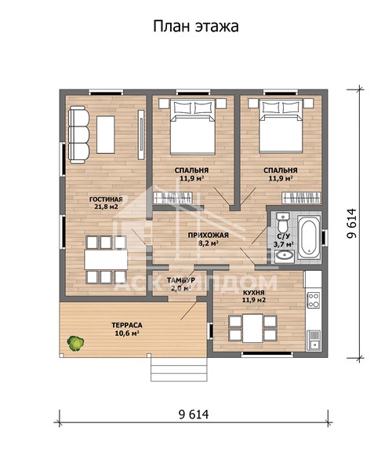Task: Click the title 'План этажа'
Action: [x=196, y=27]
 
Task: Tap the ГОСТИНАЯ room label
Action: [x=106, y=199]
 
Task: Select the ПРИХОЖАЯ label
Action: [x=209, y=235]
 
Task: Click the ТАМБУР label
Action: [x=181, y=280]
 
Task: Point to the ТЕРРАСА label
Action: [x=127, y=325]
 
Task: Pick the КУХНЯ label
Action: [x=254, y=293]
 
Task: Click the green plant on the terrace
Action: [x=75, y=343]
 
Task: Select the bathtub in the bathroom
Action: [x=309, y=237]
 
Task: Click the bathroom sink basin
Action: [x=285, y=256]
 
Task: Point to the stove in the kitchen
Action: [x=314, y=300]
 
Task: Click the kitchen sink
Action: [x=314, y=341]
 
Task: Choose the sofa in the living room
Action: [x=79, y=134]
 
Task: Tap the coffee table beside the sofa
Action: [x=106, y=134]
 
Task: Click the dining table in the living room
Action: [x=106, y=260]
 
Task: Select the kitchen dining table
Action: [x=252, y=328]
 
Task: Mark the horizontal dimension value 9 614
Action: [x=194, y=414]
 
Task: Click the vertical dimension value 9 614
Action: [x=351, y=224]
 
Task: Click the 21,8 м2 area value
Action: [x=106, y=206]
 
